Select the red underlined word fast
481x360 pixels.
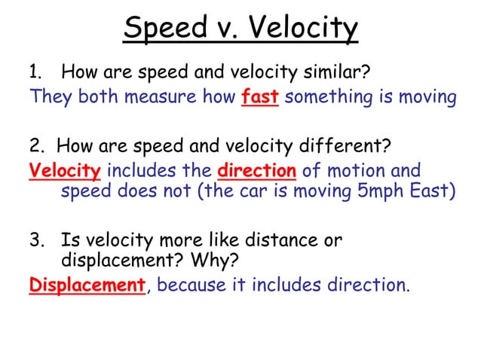coord(260,97)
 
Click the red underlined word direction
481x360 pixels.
coord(256,171)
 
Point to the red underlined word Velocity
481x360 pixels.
coord(64,171)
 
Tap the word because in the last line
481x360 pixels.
coord(192,285)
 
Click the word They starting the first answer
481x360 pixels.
coord(50,97)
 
